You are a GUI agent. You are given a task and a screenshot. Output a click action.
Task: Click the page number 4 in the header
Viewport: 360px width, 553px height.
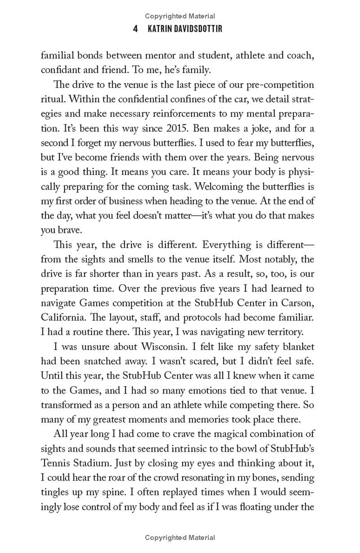click(x=135, y=29)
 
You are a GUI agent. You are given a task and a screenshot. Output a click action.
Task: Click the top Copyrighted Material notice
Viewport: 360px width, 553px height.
click(x=180, y=17)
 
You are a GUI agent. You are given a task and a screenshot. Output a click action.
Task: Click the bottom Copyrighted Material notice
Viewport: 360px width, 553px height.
click(x=180, y=538)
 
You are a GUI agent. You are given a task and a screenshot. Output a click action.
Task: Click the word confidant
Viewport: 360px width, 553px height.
click(x=61, y=71)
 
